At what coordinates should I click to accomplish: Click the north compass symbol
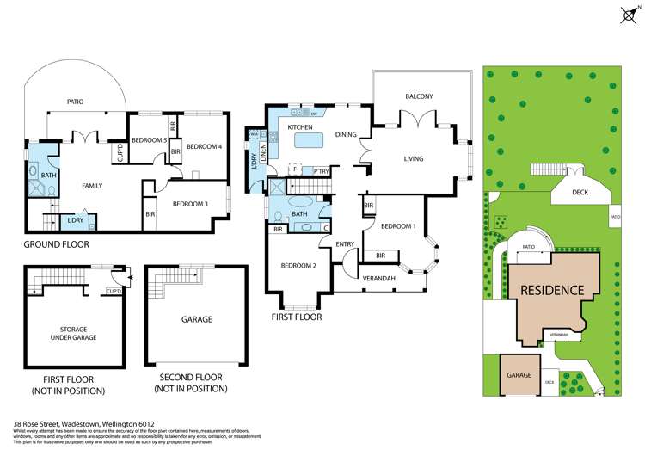click(x=627, y=14)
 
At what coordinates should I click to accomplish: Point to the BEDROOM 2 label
click(x=298, y=266)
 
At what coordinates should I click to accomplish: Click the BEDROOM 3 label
click(x=190, y=204)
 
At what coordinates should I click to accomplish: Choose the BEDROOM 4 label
click(x=205, y=147)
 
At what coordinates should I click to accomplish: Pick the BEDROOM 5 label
click(x=149, y=140)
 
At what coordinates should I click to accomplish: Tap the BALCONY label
click(x=419, y=96)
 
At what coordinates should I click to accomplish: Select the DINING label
click(x=346, y=134)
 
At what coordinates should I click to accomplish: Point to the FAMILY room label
click(x=92, y=186)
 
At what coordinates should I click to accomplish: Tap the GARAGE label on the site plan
click(x=518, y=375)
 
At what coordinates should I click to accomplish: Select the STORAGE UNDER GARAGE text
click(x=74, y=333)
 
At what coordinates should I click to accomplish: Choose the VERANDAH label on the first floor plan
click(x=378, y=279)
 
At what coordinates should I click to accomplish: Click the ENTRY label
click(x=345, y=244)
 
